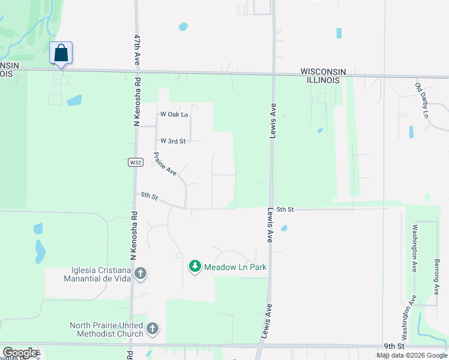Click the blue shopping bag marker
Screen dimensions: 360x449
(x=61, y=53)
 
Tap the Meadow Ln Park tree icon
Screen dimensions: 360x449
(x=194, y=266)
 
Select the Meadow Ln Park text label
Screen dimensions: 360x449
(x=235, y=267)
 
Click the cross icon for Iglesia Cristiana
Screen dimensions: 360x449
(x=140, y=274)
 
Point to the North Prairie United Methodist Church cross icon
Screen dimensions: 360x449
(x=152, y=328)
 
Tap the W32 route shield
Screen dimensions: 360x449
(x=135, y=163)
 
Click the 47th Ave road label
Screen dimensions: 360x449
(x=137, y=50)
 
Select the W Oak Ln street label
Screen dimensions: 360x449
(x=174, y=114)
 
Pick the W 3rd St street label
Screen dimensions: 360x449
(x=173, y=141)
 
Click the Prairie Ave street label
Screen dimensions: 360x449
(x=164, y=164)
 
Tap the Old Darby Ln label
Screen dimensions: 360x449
(x=423, y=99)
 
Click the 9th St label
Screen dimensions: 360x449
(x=394, y=347)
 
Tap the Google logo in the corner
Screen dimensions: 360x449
(x=20, y=353)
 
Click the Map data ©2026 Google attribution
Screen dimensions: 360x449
(x=412, y=355)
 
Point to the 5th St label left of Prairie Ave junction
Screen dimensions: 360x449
(x=149, y=196)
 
